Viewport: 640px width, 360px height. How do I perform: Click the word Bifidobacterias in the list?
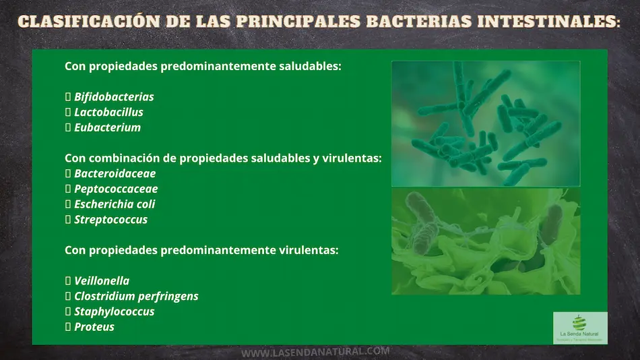coord(114,97)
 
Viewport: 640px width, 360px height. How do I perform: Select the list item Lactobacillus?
coord(108,113)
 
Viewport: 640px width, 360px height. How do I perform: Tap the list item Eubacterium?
coord(107,127)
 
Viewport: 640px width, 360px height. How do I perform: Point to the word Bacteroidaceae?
coord(113,174)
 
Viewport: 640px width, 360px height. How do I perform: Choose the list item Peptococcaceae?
coord(116,189)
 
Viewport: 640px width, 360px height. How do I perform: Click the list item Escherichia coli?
coord(115,204)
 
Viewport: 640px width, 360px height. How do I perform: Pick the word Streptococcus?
coord(110,220)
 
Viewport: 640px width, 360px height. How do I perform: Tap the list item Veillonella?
coord(102,281)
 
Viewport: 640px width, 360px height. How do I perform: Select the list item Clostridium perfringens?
coord(136,297)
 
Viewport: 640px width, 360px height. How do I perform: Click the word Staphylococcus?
coord(114,311)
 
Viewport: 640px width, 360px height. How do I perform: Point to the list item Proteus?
coord(94,327)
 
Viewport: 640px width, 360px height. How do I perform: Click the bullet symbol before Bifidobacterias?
coord(68,97)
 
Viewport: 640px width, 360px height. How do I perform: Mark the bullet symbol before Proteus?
coord(68,327)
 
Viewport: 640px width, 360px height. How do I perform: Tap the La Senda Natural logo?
coord(580,328)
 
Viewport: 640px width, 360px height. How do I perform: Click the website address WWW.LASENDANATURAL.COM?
coord(315,352)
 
